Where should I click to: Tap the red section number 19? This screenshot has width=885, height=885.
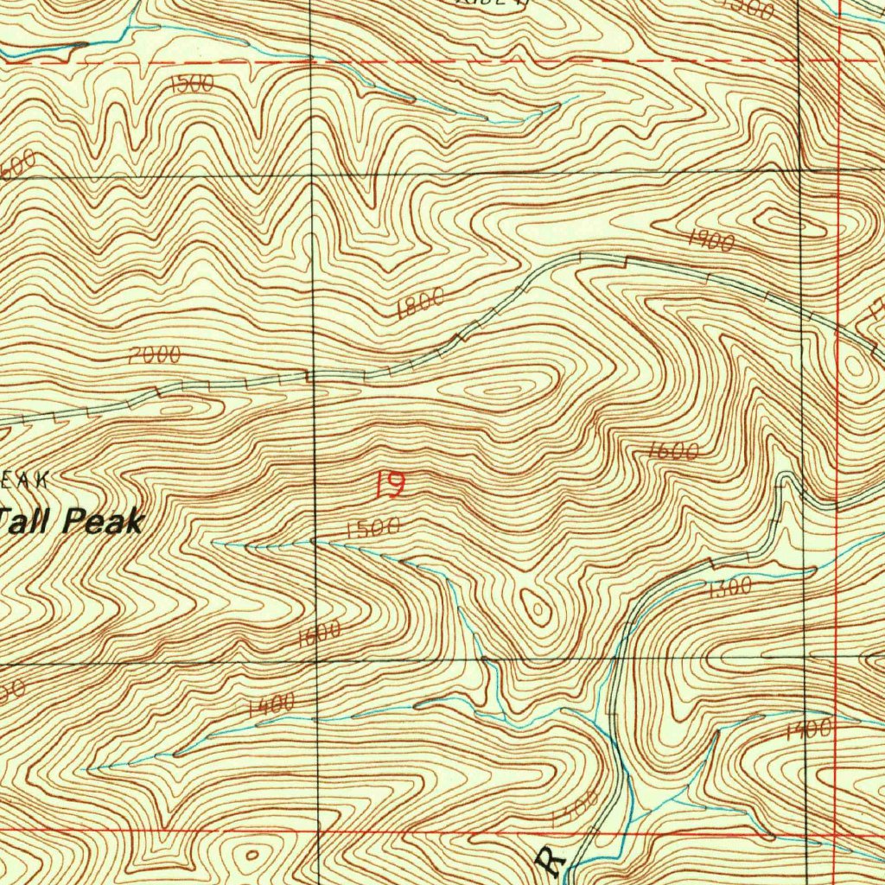(389, 484)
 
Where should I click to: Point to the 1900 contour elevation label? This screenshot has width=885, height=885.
(711, 241)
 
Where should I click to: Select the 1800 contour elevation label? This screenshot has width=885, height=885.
(421, 303)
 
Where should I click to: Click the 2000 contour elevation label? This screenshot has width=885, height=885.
(154, 354)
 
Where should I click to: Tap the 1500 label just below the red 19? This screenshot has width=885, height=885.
(372, 528)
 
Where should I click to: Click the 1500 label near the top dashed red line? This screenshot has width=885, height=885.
(192, 84)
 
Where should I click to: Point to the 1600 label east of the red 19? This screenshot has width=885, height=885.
(672, 450)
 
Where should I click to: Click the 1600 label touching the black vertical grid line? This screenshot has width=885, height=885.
(319, 635)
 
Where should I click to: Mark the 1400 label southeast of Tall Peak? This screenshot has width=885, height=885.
(271, 705)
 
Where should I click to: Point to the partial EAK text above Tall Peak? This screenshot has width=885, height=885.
(26, 479)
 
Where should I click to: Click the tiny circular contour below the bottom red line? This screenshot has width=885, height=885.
(251, 855)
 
